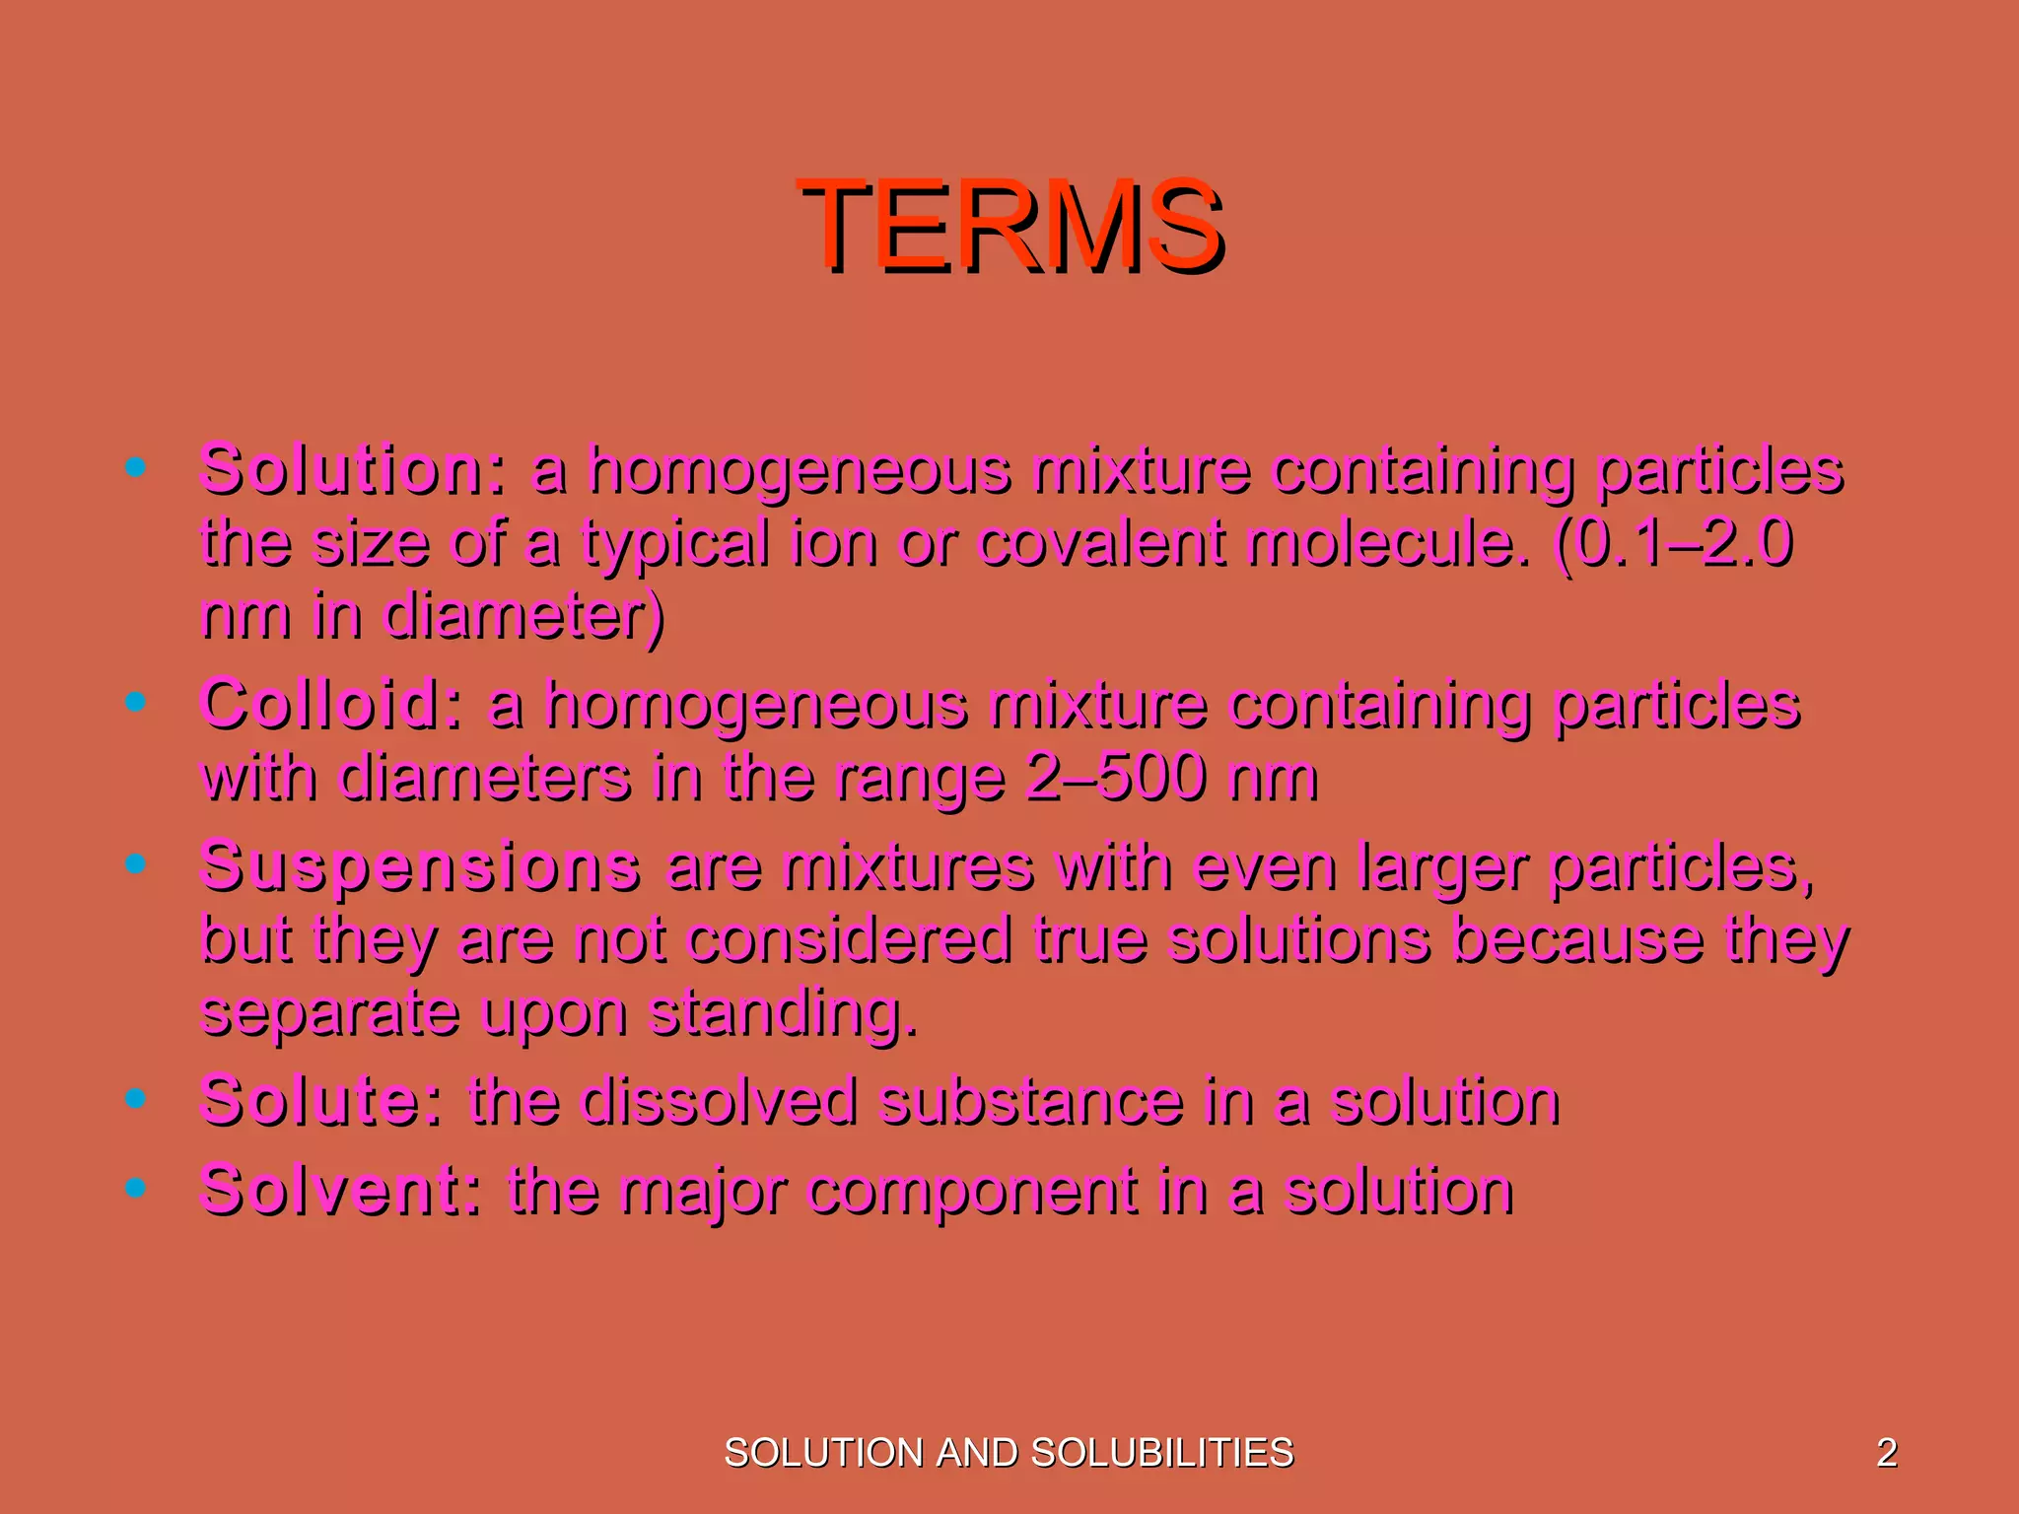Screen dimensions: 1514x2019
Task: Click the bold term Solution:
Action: point(353,469)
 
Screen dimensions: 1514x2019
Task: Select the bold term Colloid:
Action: point(331,704)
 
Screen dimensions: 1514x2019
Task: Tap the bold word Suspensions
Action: point(420,866)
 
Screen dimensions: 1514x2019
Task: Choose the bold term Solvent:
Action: point(341,1190)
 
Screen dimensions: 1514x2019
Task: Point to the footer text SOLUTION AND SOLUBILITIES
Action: point(1009,1453)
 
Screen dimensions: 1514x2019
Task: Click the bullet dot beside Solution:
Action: point(136,466)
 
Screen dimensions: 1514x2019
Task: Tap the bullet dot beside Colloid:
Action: point(136,702)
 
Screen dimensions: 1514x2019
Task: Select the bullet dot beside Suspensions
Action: point(136,864)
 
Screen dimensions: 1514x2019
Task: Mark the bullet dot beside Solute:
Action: point(136,1097)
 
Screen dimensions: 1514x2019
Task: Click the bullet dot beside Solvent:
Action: point(136,1188)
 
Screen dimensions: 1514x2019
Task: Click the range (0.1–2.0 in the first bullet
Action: point(1672,543)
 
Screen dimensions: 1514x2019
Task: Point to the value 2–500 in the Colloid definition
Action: point(1115,778)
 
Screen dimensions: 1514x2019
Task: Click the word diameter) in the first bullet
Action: point(523,616)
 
